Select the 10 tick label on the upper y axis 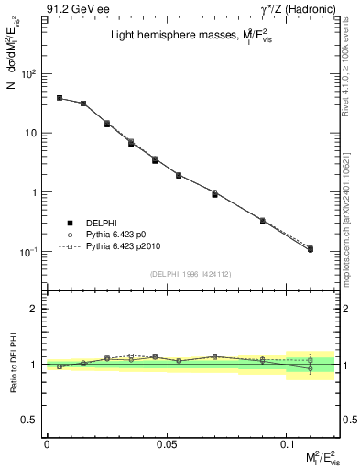33,133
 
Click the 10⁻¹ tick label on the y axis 30,252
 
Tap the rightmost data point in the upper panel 310,249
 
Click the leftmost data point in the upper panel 60,98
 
